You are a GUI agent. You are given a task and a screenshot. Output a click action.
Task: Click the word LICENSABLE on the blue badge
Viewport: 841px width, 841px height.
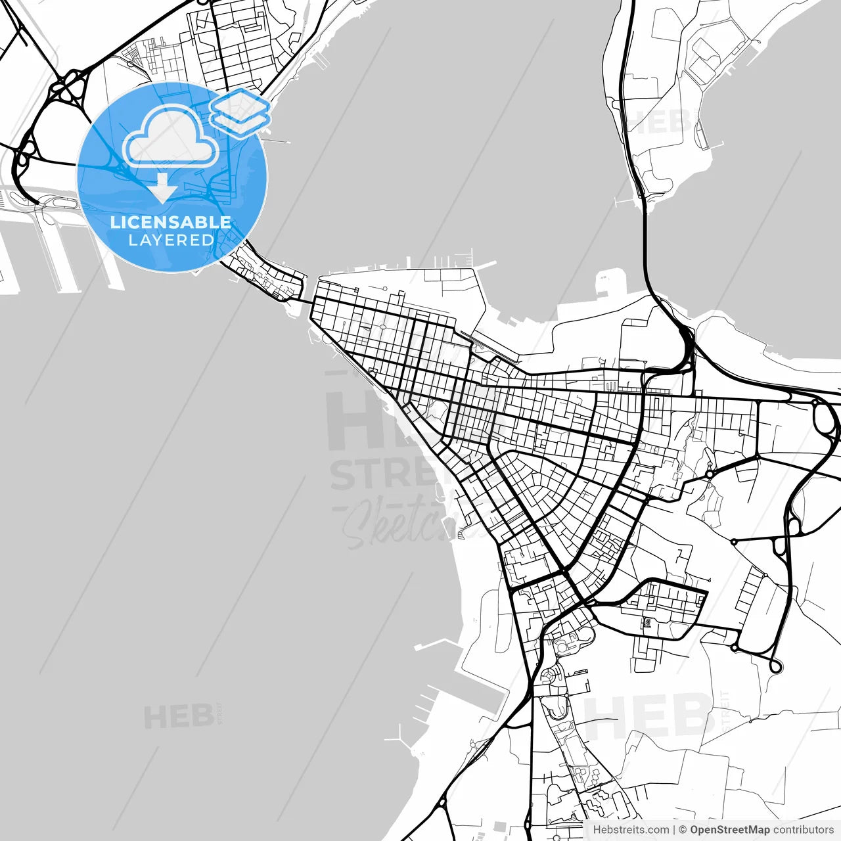tap(171, 222)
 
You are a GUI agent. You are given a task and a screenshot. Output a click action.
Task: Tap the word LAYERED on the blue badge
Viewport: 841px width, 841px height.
tap(171, 240)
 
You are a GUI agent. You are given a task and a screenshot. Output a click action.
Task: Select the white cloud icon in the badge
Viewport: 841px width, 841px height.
tap(171, 137)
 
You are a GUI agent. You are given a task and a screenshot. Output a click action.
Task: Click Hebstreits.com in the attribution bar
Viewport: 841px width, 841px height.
tap(631, 830)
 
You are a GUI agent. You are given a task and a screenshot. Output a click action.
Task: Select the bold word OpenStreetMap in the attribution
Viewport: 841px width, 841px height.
tap(729, 830)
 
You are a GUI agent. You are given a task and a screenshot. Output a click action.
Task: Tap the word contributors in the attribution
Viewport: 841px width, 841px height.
tap(803, 830)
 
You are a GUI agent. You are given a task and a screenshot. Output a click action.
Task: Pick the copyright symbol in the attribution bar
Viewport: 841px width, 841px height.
tap(683, 830)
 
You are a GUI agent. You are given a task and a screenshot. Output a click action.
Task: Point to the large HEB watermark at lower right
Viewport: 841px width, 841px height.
tap(647, 716)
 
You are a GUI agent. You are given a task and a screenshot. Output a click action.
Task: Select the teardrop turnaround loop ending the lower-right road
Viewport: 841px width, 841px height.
tap(776, 666)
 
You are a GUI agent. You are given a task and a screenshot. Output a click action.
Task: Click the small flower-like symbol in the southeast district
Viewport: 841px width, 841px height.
tap(647, 621)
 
